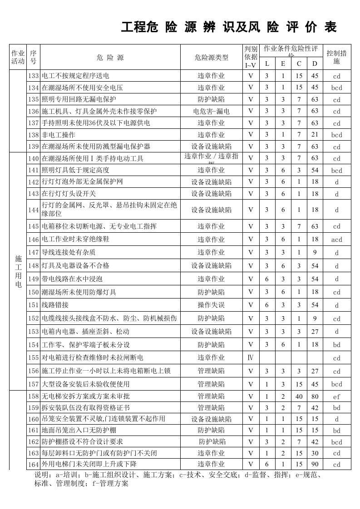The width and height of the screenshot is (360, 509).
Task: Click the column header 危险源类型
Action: tap(211, 58)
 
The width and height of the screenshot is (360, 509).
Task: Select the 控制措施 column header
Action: tap(336, 57)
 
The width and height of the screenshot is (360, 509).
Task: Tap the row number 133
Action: tap(33, 76)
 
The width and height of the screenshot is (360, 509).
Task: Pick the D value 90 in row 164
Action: tap(315, 464)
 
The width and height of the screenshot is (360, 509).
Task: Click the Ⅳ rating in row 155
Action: tap(251, 357)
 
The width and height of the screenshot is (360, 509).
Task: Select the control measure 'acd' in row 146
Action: tap(336, 240)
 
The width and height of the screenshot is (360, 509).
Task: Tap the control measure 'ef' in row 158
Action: tap(336, 396)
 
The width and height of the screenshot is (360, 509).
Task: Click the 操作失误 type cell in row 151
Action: tap(211, 305)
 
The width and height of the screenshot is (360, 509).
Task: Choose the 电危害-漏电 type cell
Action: tap(211, 111)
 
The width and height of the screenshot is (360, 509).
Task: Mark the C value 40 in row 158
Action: tap(299, 396)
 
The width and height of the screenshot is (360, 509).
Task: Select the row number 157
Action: tap(33, 384)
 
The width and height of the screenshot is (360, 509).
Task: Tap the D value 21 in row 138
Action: tap(315, 135)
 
